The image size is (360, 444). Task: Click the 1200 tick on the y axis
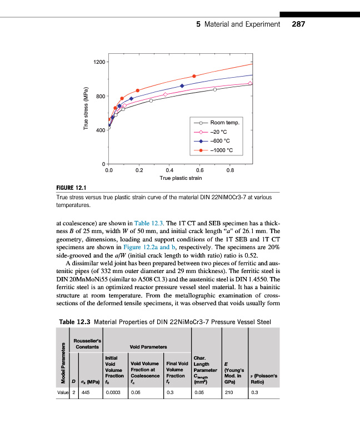click(x=100, y=62)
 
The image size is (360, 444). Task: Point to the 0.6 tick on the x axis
click(x=200, y=170)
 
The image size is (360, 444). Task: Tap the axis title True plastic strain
click(x=181, y=178)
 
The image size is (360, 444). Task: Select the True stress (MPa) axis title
click(x=86, y=109)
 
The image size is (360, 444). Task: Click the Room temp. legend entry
click(x=223, y=123)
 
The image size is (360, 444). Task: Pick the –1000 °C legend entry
click(x=222, y=150)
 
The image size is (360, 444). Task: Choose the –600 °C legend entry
click(x=221, y=141)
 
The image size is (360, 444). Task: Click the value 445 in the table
click(x=86, y=392)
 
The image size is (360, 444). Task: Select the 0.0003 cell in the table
click(x=113, y=392)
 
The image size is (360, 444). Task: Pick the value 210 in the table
click(x=226, y=392)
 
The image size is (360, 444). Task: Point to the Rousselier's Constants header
click(x=86, y=343)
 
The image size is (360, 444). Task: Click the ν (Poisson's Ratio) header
click(x=264, y=379)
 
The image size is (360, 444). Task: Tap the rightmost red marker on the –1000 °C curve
click(x=194, y=76)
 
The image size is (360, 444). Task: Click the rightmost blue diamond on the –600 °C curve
click(x=182, y=85)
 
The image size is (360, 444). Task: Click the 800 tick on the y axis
click(x=101, y=96)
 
